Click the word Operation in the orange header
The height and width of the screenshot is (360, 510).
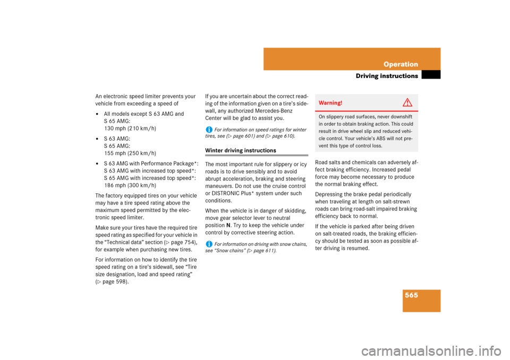[x=401, y=64]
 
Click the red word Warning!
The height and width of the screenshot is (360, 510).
[x=330, y=102]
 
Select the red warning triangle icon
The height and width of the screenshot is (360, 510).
[x=407, y=102]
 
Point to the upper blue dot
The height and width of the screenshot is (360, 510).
[x=209, y=130]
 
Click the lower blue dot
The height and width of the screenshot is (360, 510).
[x=209, y=244]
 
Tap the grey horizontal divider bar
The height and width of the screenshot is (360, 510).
[x=257, y=156]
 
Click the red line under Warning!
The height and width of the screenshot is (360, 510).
[x=366, y=110]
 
